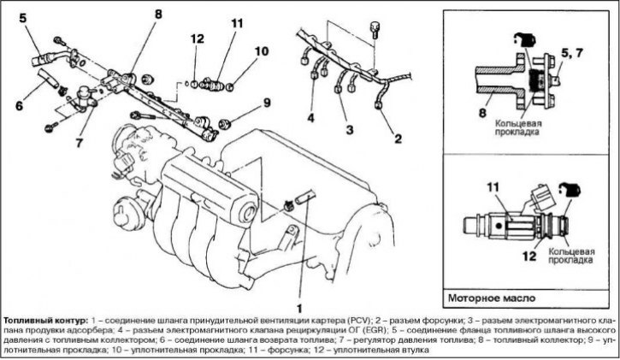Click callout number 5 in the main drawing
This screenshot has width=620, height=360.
[22, 19]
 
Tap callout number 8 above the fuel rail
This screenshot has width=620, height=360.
[158, 15]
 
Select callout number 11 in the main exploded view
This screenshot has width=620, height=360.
[237, 24]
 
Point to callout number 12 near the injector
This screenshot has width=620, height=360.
[197, 38]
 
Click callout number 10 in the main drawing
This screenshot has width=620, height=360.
[262, 51]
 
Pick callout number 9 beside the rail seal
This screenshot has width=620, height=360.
[267, 103]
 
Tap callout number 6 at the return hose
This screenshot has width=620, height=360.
[19, 105]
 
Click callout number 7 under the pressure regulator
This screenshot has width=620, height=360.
[80, 143]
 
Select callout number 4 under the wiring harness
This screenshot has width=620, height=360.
[310, 118]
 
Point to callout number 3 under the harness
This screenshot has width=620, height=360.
[349, 130]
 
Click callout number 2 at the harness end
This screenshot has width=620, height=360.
[398, 139]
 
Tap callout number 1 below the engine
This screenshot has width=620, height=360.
[299, 308]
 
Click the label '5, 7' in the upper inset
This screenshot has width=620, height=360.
[571, 53]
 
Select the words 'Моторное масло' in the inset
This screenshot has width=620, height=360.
[492, 298]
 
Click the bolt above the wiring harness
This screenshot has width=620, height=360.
[374, 30]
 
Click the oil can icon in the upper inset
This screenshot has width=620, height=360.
[525, 40]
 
